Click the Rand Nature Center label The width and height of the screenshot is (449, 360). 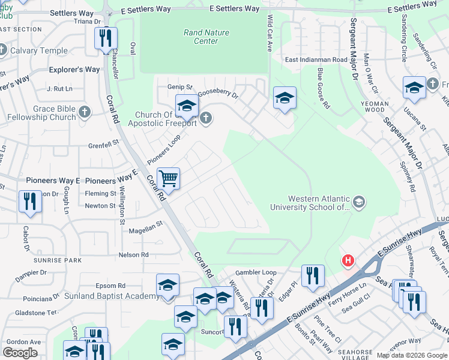click(x=206, y=37)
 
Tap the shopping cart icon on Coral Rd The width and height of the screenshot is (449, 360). click(x=169, y=178)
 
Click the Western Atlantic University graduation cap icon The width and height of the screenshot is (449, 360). click(x=359, y=201)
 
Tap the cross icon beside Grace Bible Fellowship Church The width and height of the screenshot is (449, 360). click(x=85, y=112)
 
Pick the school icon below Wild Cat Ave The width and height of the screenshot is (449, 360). click(x=285, y=98)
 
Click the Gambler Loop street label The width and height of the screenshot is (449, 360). click(x=256, y=272)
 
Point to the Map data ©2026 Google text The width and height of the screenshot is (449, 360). click(x=411, y=355)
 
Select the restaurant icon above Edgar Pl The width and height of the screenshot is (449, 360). click(x=312, y=275)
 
